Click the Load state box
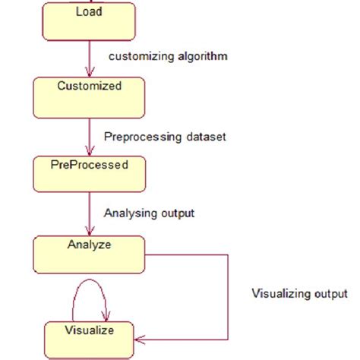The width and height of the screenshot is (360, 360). [x=88, y=22]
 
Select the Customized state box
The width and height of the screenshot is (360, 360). [x=88, y=96]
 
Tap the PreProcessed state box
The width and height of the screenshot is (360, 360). [x=88, y=174]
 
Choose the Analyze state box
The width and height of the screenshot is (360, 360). [x=88, y=254]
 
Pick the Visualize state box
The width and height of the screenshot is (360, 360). [x=88, y=339]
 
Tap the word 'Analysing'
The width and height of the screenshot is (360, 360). [x=127, y=213]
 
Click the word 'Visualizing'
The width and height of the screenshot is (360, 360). [x=280, y=293]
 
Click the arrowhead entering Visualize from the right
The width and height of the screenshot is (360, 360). [x=139, y=339]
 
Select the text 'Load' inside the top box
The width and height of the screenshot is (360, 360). [x=90, y=12]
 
